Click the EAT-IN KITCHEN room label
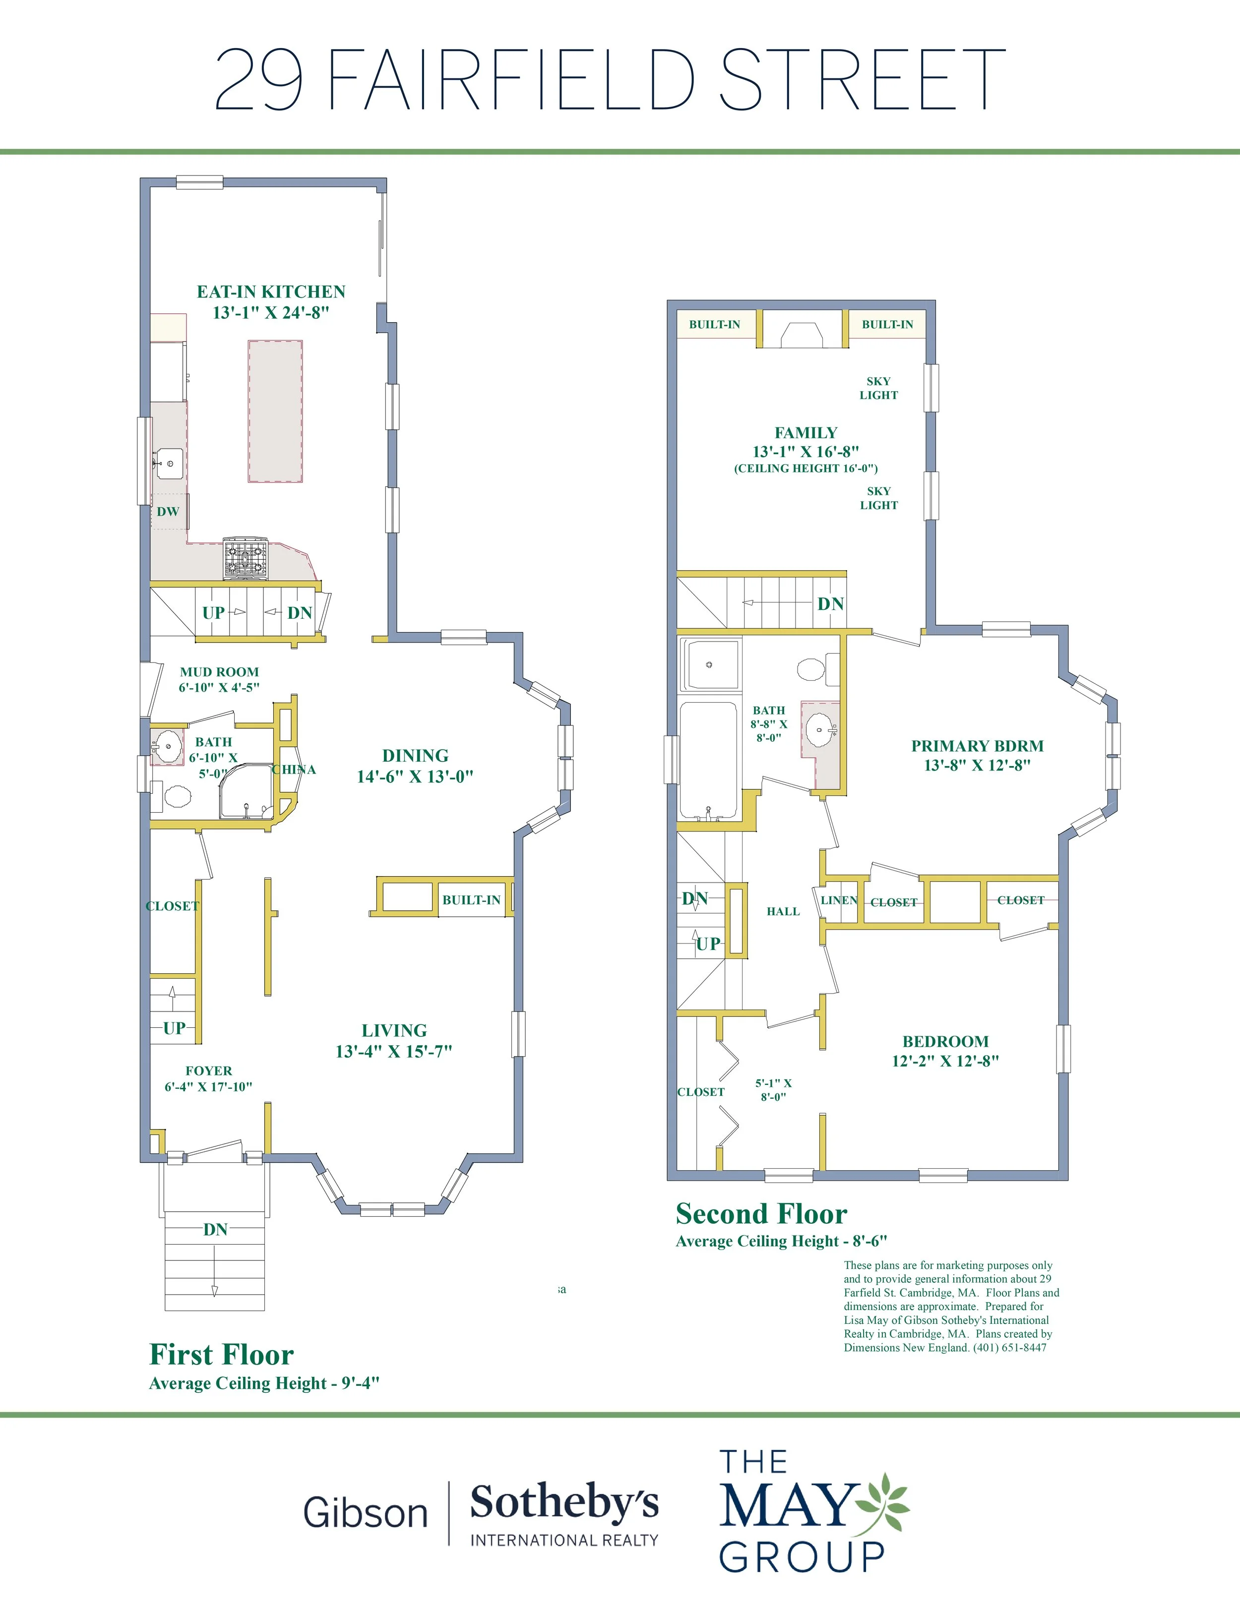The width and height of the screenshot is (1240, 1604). [271, 292]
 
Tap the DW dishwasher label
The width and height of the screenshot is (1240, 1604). [168, 511]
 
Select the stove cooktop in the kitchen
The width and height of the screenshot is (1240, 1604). [246, 558]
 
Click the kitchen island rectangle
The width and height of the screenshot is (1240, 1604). [275, 411]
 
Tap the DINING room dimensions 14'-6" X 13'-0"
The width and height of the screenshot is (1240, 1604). [415, 776]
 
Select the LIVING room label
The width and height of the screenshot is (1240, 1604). [394, 1030]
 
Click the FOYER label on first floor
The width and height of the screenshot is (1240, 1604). [209, 1071]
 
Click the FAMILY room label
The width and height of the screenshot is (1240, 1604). [806, 432]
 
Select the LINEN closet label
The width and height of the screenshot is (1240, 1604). [839, 900]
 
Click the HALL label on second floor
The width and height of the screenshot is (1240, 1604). [783, 911]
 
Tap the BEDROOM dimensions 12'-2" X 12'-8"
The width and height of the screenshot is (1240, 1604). [945, 1061]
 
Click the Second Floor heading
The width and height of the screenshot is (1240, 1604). [761, 1213]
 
